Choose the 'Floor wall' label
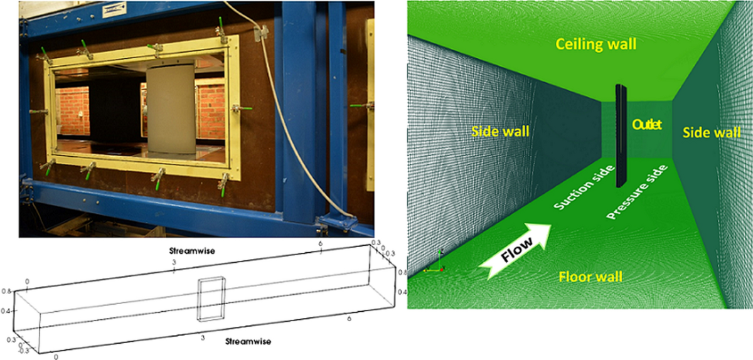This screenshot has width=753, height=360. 590,276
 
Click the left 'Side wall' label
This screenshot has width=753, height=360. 499,131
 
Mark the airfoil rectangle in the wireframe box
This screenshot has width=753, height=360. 209,299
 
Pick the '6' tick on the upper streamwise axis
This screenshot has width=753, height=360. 321,243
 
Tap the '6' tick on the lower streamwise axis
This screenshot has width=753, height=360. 348,319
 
